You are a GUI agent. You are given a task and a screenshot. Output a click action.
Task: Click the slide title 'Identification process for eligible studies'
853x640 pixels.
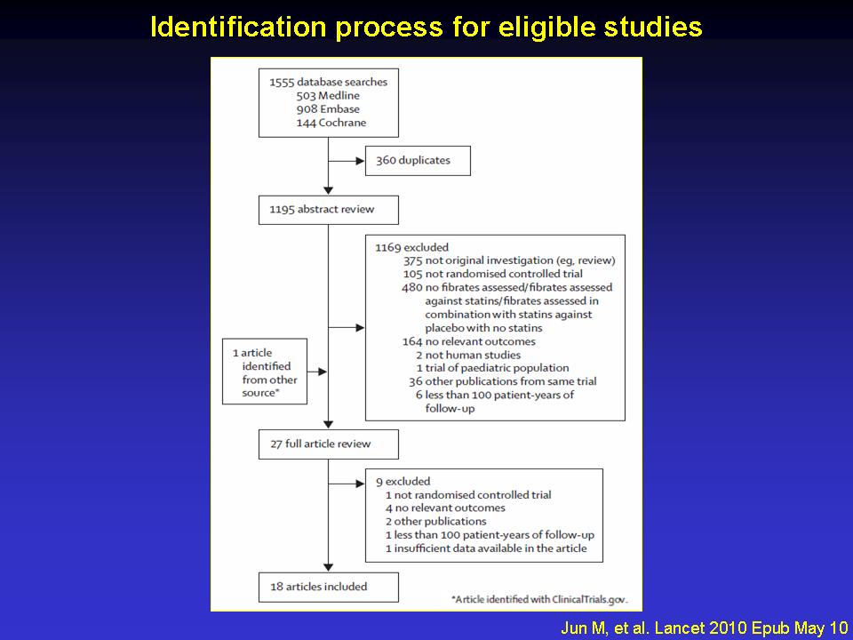[x=426, y=27]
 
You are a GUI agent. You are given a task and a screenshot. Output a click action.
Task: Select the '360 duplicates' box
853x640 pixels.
[x=418, y=161]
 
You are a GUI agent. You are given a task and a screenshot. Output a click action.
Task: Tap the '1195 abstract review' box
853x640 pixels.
[x=329, y=210]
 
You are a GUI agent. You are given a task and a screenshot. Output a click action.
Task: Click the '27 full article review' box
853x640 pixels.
[x=329, y=444]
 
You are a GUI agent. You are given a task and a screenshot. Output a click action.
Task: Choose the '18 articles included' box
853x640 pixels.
[x=329, y=588]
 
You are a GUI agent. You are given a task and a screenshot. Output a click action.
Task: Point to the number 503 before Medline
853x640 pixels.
[x=306, y=96]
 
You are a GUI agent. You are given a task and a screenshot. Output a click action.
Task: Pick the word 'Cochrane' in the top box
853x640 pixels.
[x=342, y=123]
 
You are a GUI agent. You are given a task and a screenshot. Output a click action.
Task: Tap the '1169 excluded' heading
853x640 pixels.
[x=411, y=248]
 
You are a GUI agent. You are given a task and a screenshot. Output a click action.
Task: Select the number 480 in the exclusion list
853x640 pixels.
[x=412, y=287]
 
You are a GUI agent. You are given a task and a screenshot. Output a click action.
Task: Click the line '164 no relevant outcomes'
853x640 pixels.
[x=469, y=341]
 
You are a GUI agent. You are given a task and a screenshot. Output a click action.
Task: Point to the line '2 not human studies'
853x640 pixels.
[x=468, y=355]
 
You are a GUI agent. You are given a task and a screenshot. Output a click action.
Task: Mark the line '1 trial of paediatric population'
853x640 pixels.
[x=493, y=368]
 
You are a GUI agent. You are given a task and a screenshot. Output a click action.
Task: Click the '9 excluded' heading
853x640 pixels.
[x=403, y=482]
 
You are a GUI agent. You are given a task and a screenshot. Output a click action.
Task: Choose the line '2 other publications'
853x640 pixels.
[x=436, y=522]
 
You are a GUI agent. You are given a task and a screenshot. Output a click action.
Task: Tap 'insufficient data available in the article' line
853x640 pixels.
[x=486, y=548]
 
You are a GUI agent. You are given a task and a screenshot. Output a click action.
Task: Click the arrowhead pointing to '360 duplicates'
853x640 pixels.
[x=360, y=161]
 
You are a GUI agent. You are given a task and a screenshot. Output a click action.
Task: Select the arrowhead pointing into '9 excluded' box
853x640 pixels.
[x=360, y=484]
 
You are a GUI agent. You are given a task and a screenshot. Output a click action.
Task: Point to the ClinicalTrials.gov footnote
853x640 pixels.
[x=539, y=600]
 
